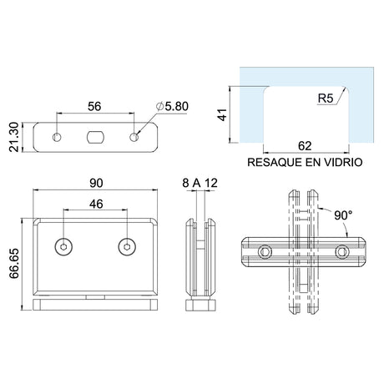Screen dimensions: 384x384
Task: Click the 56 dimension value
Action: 94,106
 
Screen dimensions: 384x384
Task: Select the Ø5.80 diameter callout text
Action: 172,106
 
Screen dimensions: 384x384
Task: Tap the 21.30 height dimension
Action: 14,137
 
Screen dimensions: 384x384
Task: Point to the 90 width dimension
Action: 96,183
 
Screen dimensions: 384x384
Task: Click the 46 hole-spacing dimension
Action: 96,204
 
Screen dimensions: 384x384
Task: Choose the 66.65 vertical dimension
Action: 14,263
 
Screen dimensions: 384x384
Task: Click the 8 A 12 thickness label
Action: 200,183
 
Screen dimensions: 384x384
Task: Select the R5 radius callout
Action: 326,99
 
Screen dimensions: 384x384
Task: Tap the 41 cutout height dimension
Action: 222,114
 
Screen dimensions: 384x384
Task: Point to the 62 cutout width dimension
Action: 305,146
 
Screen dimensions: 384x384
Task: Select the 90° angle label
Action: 343,215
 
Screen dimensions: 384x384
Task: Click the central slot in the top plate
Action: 95,137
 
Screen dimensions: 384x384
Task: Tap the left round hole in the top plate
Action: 57,137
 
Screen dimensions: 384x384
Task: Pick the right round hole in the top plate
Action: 134,137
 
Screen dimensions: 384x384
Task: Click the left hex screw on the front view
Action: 63,247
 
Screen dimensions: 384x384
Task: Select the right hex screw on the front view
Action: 127,247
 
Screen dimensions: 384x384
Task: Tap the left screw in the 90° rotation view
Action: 265,252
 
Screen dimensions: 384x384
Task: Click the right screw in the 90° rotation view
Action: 342,252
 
